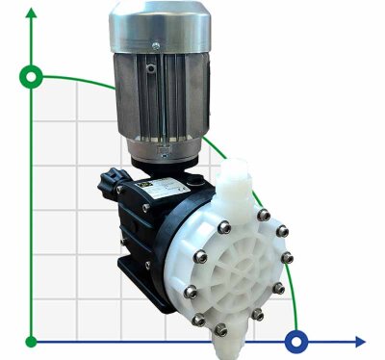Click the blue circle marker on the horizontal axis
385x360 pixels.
tap(297, 340)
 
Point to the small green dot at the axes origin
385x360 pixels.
tap(33, 341)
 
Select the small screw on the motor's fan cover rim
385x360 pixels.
tap(153, 44)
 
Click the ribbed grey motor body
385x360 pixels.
tap(154, 96)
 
